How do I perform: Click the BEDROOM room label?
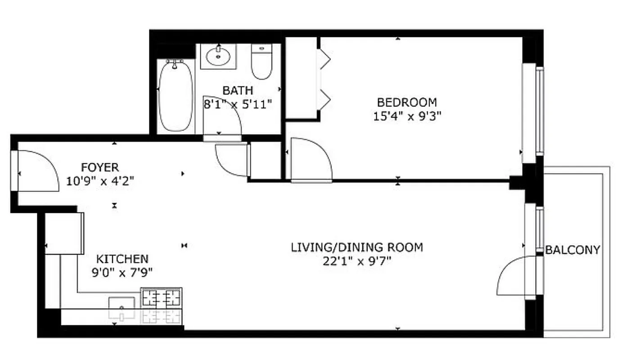tap(406, 102)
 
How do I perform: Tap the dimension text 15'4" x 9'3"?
tap(406, 116)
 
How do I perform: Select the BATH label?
tap(238, 90)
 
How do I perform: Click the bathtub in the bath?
tap(176, 96)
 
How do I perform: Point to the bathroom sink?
tap(218, 57)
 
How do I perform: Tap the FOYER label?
tap(100, 167)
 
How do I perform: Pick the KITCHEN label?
tap(122, 259)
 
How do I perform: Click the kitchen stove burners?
tap(161, 297)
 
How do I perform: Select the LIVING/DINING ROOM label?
tap(356, 247)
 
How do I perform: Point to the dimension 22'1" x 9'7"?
tap(356, 261)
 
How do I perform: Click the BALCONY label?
tap(573, 250)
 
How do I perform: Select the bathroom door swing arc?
tap(222, 115)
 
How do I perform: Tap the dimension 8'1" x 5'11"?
tap(238, 104)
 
